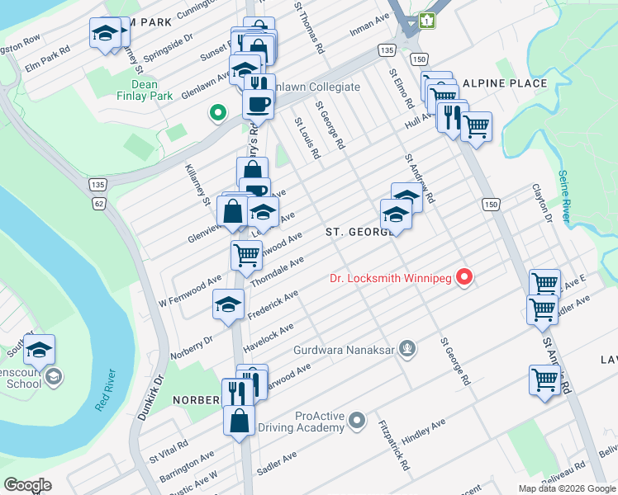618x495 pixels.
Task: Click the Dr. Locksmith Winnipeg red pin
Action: click(464, 278)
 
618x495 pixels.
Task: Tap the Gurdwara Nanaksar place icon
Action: click(406, 348)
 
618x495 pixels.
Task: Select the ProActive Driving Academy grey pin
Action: click(357, 420)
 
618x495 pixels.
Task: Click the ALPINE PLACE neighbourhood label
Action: click(504, 83)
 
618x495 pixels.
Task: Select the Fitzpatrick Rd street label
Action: click(394, 445)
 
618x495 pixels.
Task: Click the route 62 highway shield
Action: click(100, 202)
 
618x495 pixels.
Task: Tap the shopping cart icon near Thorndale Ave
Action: click(246, 255)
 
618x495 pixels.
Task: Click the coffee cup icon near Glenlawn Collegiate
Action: click(258, 104)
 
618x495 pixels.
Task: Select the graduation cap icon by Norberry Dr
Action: click(228, 304)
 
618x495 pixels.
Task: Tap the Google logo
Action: click(27, 485)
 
